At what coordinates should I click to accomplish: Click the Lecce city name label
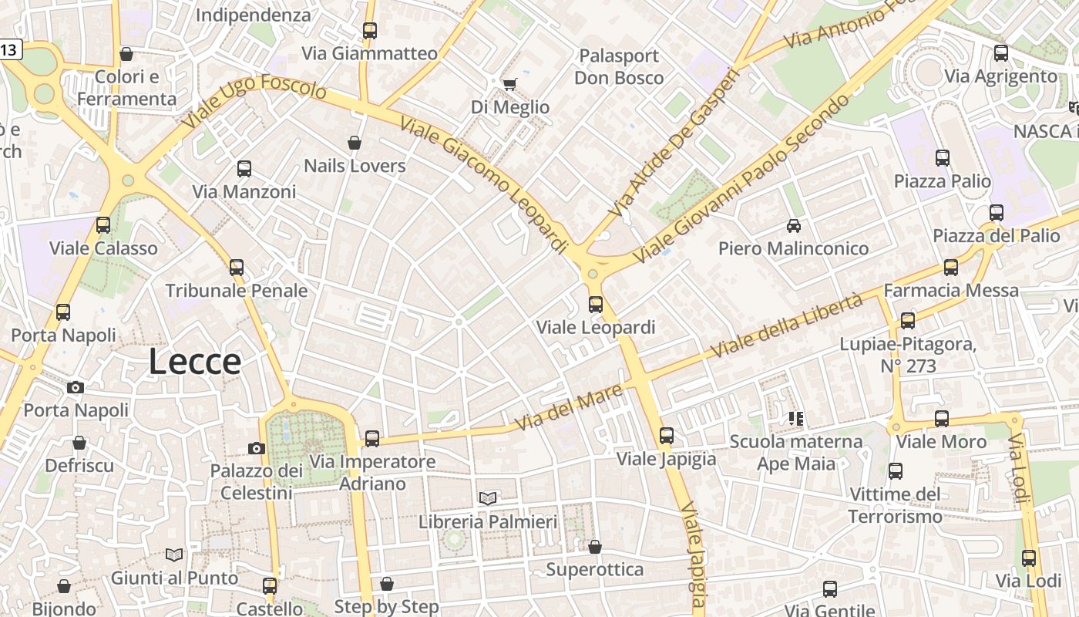194,361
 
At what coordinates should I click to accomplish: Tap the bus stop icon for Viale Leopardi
595,304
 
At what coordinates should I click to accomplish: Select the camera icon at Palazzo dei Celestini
257,448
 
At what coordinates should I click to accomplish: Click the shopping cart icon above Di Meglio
509,84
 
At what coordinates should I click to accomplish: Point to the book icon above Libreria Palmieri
487,498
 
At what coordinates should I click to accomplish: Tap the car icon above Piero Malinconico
793,226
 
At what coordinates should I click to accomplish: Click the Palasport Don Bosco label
618,66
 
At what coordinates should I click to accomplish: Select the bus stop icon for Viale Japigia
667,436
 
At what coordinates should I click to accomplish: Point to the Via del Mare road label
558,410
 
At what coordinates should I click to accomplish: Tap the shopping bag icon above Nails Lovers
355,143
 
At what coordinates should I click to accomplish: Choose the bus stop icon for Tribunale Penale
237,268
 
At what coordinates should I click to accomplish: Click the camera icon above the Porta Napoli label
76,387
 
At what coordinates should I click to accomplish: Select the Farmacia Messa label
951,291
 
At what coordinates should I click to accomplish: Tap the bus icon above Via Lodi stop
1028,558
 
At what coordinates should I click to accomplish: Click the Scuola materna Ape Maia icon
795,419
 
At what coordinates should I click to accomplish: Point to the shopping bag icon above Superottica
594,547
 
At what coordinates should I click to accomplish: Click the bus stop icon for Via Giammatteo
370,31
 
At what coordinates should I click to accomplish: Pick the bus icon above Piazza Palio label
942,158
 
